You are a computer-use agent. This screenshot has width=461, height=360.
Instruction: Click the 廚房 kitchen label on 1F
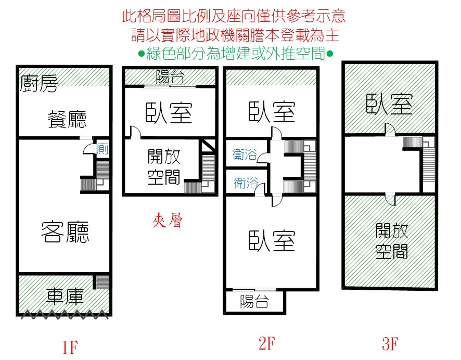(x=39, y=83)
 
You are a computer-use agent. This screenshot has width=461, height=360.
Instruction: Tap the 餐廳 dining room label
(x=67, y=119)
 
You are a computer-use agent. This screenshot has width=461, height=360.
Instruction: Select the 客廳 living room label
(x=65, y=232)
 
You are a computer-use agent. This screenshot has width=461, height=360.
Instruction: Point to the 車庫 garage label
(x=65, y=296)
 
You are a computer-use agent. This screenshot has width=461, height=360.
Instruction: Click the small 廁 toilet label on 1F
(x=103, y=149)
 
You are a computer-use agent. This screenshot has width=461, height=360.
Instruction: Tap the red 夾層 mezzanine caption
(x=168, y=220)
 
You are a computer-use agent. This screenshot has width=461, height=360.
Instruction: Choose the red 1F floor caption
(x=70, y=347)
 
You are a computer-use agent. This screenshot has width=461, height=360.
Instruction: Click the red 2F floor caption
(x=267, y=343)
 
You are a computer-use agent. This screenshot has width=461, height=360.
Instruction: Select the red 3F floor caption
(x=390, y=343)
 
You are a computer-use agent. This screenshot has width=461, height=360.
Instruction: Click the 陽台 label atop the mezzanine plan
(x=170, y=77)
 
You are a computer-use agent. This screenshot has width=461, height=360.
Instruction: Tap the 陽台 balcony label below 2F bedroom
(x=254, y=301)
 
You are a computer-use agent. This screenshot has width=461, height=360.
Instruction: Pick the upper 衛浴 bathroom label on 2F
(x=245, y=155)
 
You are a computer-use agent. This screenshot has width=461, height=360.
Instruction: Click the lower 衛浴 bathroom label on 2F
(x=246, y=183)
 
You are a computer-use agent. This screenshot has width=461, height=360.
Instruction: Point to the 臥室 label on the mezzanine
(x=169, y=112)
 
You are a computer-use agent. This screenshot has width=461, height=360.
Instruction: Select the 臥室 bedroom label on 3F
(x=389, y=104)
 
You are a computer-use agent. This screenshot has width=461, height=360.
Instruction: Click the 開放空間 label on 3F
(x=392, y=241)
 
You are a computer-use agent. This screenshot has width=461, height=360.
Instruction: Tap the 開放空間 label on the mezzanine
(x=164, y=166)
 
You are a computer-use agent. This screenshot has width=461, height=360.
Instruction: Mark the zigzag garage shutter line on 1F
(x=65, y=314)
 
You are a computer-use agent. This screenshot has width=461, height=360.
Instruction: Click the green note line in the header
(x=236, y=54)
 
